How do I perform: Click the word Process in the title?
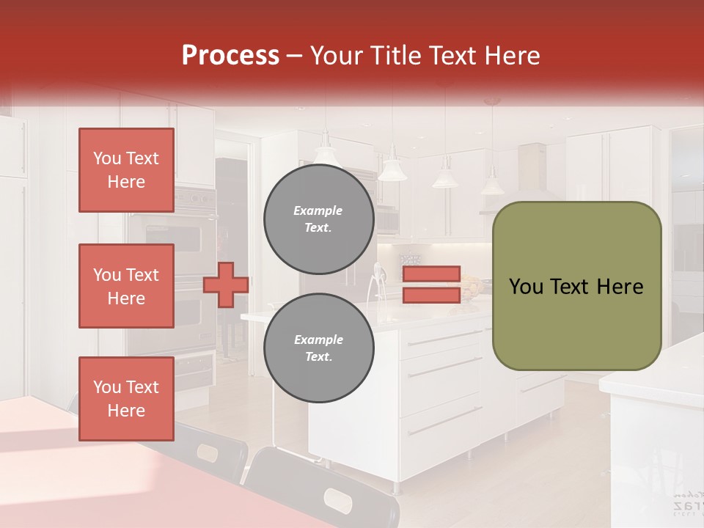click(x=230, y=56)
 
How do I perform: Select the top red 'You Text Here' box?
click(x=126, y=170)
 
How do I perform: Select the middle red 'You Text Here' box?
click(x=126, y=286)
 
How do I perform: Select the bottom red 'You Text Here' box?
click(x=126, y=398)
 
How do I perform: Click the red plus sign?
click(x=225, y=285)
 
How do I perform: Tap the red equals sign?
click(x=431, y=285)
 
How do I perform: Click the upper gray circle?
click(x=318, y=219)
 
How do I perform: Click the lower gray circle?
click(x=318, y=348)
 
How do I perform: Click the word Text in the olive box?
click(x=578, y=287)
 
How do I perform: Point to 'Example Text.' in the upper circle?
click(x=318, y=219)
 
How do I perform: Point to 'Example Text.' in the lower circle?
click(x=318, y=348)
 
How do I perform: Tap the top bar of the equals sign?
click(x=431, y=274)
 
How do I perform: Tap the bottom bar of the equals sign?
click(x=431, y=295)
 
